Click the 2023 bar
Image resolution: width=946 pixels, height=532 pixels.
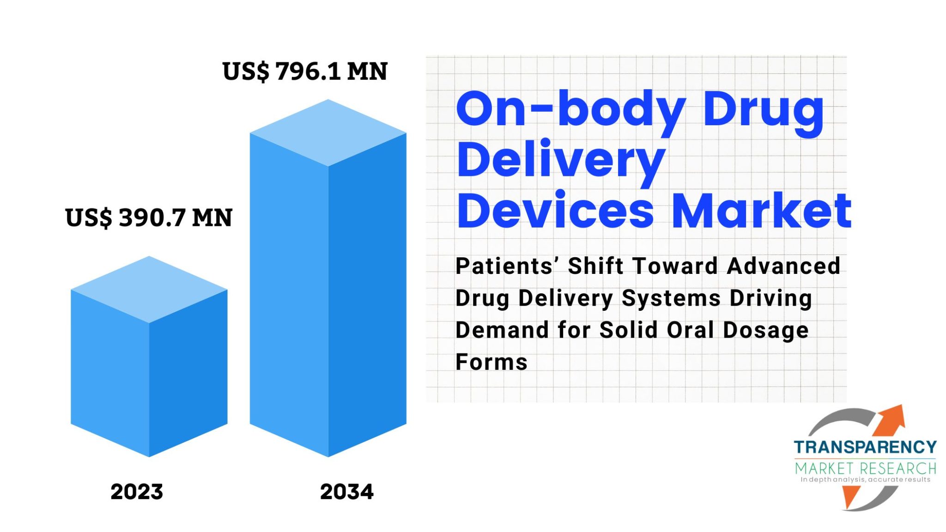(149, 357)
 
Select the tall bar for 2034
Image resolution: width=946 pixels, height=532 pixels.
(328, 278)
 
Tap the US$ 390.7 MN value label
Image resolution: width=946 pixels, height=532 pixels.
(149, 218)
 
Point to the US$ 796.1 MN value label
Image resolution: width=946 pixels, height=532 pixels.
(305, 72)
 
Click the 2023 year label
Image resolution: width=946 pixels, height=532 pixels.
(137, 492)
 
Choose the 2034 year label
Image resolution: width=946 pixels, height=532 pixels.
(346, 492)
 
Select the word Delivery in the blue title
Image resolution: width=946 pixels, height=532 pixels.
(561, 162)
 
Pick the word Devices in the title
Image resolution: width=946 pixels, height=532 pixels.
(556, 211)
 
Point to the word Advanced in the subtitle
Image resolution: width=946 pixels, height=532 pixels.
(783, 266)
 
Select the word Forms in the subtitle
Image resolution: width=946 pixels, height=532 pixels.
(491, 362)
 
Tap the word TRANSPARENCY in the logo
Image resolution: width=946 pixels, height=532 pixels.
(865, 447)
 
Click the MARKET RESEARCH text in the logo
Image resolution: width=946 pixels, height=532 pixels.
(865, 468)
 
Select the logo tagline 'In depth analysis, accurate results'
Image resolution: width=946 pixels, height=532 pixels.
(865, 480)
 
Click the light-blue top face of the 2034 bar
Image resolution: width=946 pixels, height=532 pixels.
(328, 133)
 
